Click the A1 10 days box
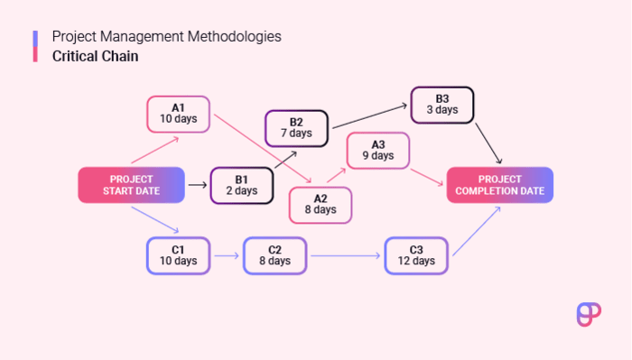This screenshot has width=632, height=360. point(178,114)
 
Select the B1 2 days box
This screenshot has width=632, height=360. point(241,184)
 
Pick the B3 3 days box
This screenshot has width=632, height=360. point(441,105)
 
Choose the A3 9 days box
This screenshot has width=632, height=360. point(377,150)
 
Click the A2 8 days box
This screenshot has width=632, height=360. point(320,204)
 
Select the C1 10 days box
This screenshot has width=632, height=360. point(178,255)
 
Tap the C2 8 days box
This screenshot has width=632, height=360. point(274,255)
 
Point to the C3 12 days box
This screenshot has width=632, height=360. point(415,255)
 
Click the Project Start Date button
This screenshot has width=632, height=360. point(131,184)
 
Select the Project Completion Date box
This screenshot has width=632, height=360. point(500,184)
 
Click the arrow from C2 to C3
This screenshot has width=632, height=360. point(345,256)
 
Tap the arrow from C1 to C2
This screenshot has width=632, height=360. point(226,256)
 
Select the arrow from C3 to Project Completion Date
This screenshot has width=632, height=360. point(474,232)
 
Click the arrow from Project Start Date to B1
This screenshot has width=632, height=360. point(197,184)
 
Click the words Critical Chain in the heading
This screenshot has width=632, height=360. point(96,56)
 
